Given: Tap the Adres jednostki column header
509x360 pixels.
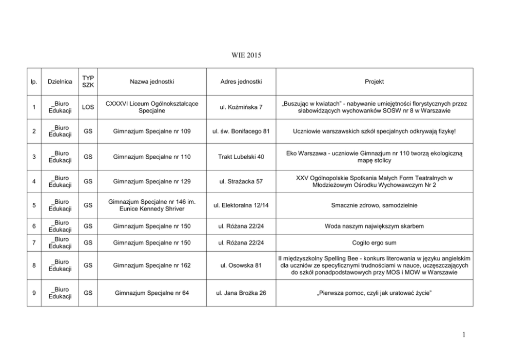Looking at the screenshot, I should coord(241,82).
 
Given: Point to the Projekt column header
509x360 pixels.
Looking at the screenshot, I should coord(375,82).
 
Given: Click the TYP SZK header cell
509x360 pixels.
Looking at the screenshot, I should coord(88,82).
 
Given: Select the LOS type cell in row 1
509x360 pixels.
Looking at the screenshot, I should coord(88,107).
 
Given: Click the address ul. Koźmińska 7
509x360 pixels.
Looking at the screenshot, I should coord(241,107).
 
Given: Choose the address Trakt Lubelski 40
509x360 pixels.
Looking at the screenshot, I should coord(241,157).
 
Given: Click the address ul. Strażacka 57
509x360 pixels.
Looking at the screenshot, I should coord(241,181).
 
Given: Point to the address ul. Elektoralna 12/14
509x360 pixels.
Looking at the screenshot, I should coord(241,205).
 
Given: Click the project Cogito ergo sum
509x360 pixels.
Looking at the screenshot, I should coord(375,243).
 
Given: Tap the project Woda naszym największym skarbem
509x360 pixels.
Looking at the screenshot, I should coord(375,226).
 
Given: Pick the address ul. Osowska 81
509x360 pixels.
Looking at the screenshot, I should coord(241,266).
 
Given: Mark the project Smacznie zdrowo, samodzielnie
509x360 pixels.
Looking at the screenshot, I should coord(375,205).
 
